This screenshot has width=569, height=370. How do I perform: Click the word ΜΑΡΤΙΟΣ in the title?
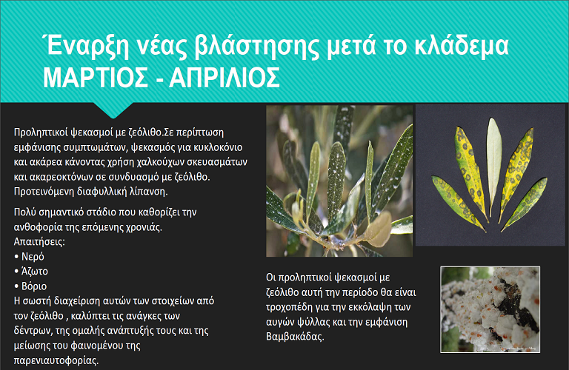[x=96, y=77]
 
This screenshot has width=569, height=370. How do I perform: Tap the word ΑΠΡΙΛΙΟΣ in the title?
[x=224, y=77]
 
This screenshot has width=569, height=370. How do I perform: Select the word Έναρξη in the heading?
[x=86, y=47]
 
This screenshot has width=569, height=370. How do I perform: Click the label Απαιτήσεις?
[x=39, y=242]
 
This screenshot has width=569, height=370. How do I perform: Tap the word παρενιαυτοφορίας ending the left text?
[x=56, y=360]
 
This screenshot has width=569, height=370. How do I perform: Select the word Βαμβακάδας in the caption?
[x=294, y=337]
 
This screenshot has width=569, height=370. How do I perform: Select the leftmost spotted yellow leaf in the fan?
[x=457, y=202]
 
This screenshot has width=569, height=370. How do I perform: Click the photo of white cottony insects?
[x=490, y=309]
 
